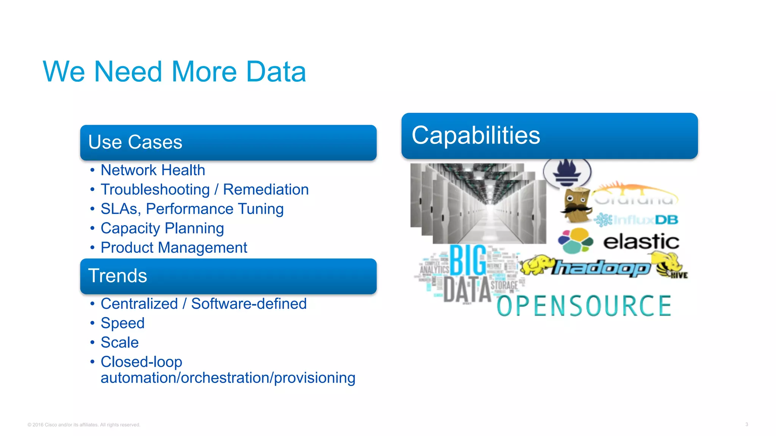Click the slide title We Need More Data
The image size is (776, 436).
pos(174,72)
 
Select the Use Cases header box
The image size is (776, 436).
pos(228,143)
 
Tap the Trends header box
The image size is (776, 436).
pos(228,276)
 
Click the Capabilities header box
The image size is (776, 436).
pos(549,136)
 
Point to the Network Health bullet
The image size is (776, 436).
pos(153,170)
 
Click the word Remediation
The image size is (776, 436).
pos(266,190)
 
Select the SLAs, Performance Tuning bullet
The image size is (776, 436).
pos(192,209)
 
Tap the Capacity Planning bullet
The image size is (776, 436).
pos(162,228)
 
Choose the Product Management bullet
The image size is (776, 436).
pos(174,248)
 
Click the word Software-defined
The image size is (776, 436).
pos(249,304)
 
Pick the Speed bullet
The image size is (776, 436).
pos(122,323)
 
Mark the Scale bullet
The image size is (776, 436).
pos(120,343)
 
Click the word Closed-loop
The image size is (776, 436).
pos(141,362)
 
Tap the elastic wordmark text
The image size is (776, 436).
pos(641,241)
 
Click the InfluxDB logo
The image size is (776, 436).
pos(637,220)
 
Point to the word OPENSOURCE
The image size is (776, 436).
pos(584,306)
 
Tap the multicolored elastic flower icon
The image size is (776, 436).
pos(575,240)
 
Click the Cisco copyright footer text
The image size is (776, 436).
pos(84,425)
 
